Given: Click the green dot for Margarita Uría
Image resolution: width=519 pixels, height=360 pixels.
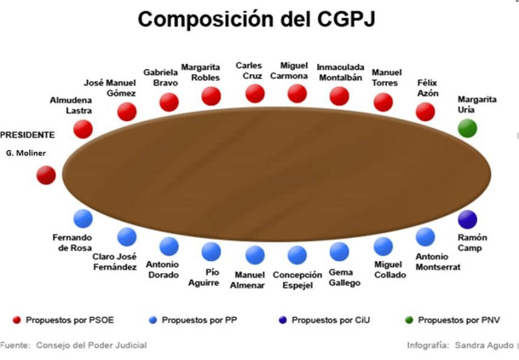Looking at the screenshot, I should (x=467, y=128).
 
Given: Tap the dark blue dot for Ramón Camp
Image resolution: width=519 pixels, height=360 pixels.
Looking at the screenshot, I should (x=467, y=219).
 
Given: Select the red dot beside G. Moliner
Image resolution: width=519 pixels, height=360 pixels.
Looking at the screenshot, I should (x=46, y=175).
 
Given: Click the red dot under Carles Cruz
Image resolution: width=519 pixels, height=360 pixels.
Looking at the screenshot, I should (x=255, y=93).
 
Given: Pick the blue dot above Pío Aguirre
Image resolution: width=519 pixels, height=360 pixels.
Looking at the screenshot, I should (x=211, y=251).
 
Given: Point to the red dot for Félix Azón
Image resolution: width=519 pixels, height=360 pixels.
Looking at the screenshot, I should (x=426, y=112).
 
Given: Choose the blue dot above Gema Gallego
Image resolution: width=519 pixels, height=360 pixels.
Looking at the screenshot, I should (x=339, y=251).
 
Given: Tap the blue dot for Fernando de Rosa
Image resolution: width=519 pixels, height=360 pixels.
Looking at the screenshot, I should (x=83, y=219).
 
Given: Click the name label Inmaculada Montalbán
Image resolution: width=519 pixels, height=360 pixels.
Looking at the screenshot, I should (x=341, y=72).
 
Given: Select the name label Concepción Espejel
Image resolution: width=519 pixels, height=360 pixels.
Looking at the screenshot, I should (x=297, y=280).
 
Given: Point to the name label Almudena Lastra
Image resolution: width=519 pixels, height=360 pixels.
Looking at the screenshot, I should (x=71, y=104).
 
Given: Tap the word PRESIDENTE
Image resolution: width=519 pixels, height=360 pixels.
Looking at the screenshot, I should (x=27, y=135).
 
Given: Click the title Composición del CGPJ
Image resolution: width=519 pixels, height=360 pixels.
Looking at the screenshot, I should (x=256, y=19).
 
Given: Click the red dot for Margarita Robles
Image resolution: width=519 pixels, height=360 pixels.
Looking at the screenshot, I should (x=211, y=96).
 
